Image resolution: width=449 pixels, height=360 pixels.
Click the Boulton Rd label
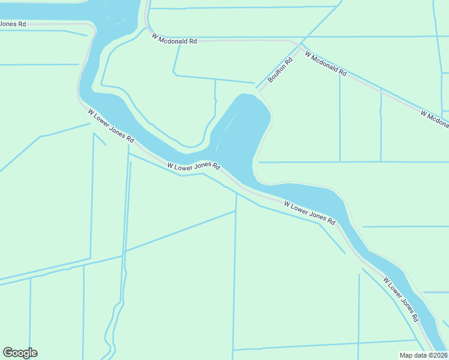click(x=280, y=70)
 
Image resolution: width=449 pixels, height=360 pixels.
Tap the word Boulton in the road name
click(x=277, y=73)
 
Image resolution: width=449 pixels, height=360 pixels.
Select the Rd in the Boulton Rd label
click(x=289, y=61)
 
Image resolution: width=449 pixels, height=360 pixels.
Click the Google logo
click(x=20, y=353)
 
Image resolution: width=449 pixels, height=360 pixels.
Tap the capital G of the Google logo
click(x=8, y=353)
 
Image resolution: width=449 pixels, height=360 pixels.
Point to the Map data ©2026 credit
click(x=424, y=355)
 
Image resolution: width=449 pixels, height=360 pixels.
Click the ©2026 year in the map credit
click(x=438, y=355)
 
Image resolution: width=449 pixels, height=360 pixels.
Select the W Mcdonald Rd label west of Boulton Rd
click(x=175, y=40)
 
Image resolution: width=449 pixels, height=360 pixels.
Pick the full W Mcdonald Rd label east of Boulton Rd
click(x=325, y=64)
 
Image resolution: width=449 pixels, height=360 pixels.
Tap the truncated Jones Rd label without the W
click(x=13, y=24)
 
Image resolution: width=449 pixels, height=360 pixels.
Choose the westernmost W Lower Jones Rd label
click(x=111, y=125)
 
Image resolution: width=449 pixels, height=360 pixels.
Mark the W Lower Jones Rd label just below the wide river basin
click(x=194, y=166)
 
